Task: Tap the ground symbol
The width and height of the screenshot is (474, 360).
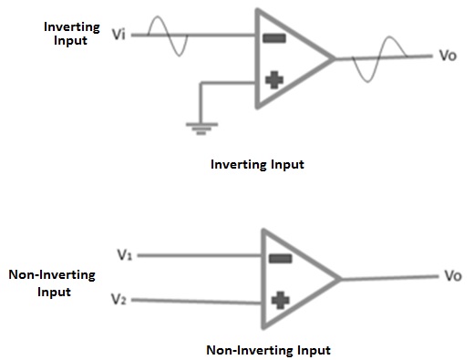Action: click(x=200, y=129)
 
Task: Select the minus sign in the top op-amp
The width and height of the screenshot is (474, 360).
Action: click(x=273, y=38)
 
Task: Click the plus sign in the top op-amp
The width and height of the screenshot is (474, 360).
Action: click(x=273, y=80)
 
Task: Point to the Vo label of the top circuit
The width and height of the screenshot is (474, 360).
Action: click(x=448, y=56)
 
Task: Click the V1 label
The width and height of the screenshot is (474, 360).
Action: click(x=126, y=256)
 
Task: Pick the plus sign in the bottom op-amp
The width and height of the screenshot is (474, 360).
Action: click(x=279, y=299)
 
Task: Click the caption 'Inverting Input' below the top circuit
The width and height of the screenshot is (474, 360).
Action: click(x=257, y=165)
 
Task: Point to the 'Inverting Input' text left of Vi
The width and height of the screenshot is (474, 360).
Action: click(x=72, y=35)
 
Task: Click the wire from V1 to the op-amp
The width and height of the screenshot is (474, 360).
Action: click(x=201, y=256)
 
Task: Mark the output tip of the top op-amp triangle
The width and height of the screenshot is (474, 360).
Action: click(x=333, y=59)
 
